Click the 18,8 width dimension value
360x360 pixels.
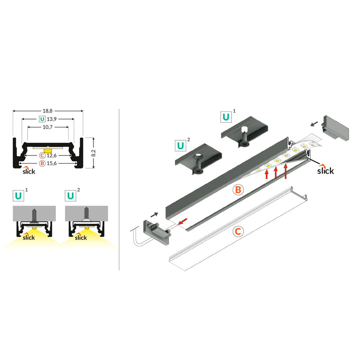pos(48,111)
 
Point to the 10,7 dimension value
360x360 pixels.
pos(48,127)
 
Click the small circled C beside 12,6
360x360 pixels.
pos(42,155)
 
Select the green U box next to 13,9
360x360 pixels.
pos(42,119)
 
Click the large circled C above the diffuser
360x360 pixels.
pos(238,232)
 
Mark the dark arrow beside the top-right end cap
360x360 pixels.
pos(314,124)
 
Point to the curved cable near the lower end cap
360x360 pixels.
pos(136,239)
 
